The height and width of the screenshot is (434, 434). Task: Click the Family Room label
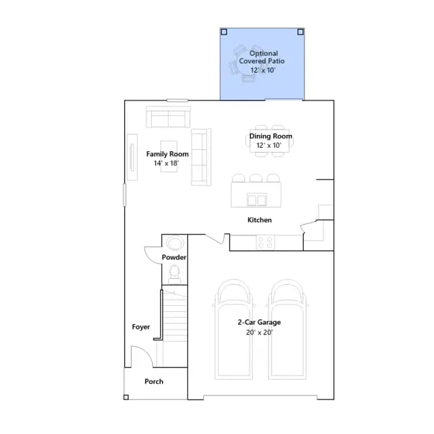(x=167, y=154)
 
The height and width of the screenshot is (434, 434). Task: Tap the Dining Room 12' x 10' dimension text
(x=269, y=145)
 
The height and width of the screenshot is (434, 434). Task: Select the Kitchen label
(x=259, y=220)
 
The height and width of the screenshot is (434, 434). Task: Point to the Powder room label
(x=174, y=258)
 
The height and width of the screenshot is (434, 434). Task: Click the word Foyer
(x=141, y=327)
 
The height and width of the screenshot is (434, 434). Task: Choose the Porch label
(x=154, y=381)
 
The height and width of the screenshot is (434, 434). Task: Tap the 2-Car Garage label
(x=259, y=322)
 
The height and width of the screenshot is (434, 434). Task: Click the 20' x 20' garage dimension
(x=259, y=332)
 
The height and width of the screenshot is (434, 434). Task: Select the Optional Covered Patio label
(x=262, y=57)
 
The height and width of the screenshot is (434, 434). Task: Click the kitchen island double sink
(x=257, y=199)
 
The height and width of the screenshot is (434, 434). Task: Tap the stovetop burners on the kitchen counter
(x=265, y=242)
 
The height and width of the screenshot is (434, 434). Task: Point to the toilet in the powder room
(x=174, y=274)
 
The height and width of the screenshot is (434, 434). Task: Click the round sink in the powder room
(x=175, y=243)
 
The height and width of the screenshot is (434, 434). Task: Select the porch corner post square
(x=126, y=397)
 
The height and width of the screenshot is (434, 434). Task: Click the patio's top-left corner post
(x=224, y=32)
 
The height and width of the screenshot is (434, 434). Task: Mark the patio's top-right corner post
(x=300, y=32)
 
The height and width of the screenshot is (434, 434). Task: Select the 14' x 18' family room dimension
(x=166, y=163)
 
